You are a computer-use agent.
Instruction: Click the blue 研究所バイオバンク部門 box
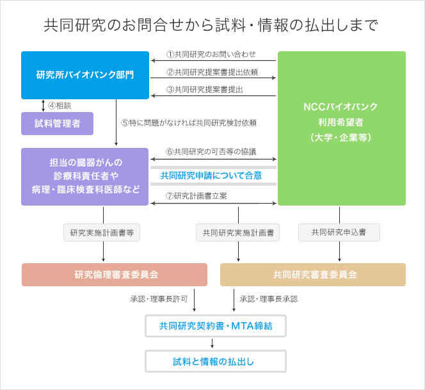coord(85,75)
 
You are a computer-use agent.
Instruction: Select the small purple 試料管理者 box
coord(57,124)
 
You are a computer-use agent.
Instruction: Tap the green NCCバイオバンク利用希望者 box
coord(342,128)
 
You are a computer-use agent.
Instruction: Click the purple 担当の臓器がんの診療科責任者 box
coord(85,177)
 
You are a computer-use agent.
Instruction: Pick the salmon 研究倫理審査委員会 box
coord(115,275)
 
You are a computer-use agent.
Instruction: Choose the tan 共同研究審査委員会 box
coord(313,275)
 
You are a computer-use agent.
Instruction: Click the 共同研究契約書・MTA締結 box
coord(216,326)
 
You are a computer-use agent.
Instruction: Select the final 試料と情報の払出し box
coord(216,361)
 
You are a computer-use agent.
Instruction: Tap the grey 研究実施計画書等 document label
coord(102,232)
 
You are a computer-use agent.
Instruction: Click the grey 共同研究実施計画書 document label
coord(237,232)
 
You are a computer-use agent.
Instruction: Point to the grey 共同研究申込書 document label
coord(339,232)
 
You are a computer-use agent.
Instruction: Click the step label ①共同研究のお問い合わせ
coord(211,54)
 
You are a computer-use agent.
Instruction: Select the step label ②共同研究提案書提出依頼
coord(212,72)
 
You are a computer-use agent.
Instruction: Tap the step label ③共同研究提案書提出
coord(205,90)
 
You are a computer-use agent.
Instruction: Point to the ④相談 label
coord(60,106)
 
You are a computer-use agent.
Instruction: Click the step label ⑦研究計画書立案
coord(196,195)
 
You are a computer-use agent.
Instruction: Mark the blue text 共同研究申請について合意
coord(211,175)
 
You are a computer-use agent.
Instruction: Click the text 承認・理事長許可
coord(159,299)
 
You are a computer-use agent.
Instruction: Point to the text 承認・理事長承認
coord(269,299)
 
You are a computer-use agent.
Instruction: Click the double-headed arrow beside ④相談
coord(43,106)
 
